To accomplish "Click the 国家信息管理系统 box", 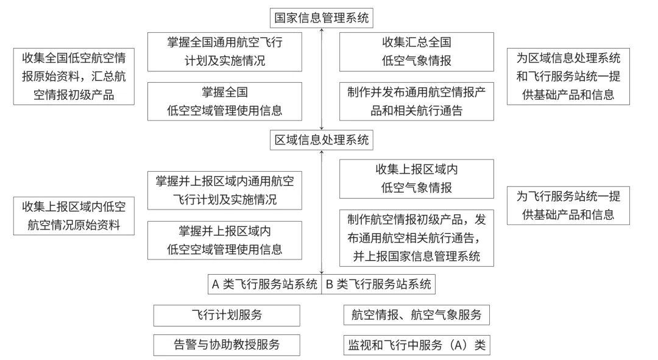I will pyautogui.click(x=321, y=18).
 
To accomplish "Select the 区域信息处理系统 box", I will pyautogui.click(x=321, y=140).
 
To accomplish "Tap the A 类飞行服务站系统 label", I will pyautogui.click(x=264, y=284).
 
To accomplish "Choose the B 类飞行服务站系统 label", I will pyautogui.click(x=378, y=284).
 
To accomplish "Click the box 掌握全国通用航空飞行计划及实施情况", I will pyautogui.click(x=225, y=52).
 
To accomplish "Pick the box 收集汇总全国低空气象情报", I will pyautogui.click(x=416, y=52).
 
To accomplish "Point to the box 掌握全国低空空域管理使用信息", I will pyautogui.click(x=225, y=101).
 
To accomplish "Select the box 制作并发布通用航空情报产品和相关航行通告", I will pyautogui.click(x=416, y=101).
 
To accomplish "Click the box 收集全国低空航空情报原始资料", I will pyautogui.click(x=74, y=76).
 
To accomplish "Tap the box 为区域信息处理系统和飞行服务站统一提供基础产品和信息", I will pyautogui.click(x=568, y=76).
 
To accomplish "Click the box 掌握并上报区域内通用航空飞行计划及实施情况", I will pyautogui.click(x=225, y=190).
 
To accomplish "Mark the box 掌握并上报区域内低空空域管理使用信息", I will pyautogui.click(x=225, y=240).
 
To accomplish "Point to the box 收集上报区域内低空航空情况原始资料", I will pyautogui.click(x=74, y=215).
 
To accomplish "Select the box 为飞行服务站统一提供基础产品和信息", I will pyautogui.click(x=568, y=205).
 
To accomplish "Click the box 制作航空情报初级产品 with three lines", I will pyautogui.click(x=416, y=238).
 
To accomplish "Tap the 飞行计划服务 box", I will pyautogui.click(x=227, y=316).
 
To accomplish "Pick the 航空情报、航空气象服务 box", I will pyautogui.click(x=416, y=316).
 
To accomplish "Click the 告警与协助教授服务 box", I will pyautogui.click(x=227, y=345).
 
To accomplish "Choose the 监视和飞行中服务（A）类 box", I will pyautogui.click(x=416, y=345).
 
